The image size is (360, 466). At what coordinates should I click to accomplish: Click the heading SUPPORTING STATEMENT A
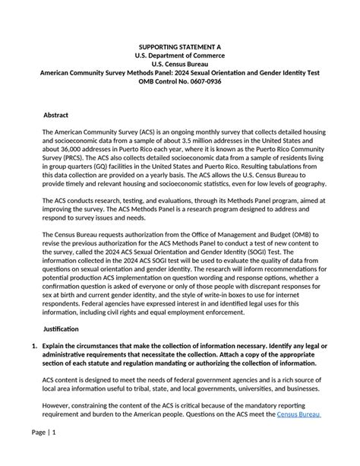pos(180,47)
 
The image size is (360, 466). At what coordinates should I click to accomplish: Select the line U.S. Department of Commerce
pos(180,55)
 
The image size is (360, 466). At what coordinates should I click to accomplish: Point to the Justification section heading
pos(63,329)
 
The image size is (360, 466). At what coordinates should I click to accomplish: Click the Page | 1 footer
pos(43,453)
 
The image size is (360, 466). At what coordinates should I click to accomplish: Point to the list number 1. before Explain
pos(33,347)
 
